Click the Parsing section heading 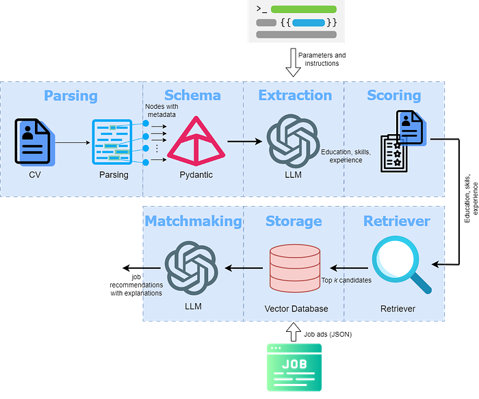point(70,96)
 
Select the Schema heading point(192,96)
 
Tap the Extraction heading point(295,96)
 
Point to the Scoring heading point(393,96)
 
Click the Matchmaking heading point(193,221)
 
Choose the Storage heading point(294,221)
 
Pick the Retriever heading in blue point(397,221)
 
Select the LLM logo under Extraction point(292,141)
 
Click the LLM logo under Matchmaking point(192,268)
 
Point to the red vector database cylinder point(295,267)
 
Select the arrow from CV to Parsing point(72,142)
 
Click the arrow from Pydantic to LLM point(244,142)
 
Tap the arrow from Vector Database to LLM point(244,268)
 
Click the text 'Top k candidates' point(346,281)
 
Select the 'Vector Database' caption point(296,309)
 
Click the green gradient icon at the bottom point(294,367)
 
